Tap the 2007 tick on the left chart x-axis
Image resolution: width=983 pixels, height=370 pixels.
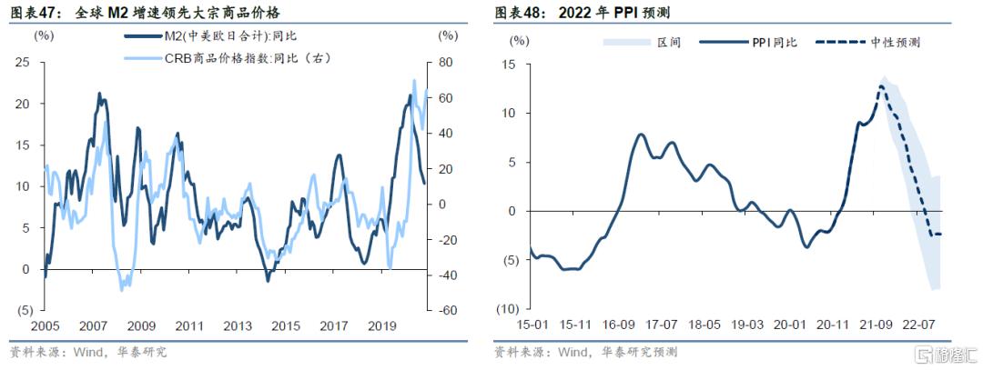[92, 325]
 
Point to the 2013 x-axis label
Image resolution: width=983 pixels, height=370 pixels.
[238, 325]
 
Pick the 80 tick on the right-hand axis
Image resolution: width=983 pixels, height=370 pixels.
[446, 62]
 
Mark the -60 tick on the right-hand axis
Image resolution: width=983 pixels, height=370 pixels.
[446, 310]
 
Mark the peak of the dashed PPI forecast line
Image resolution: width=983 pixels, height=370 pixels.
[881, 87]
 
